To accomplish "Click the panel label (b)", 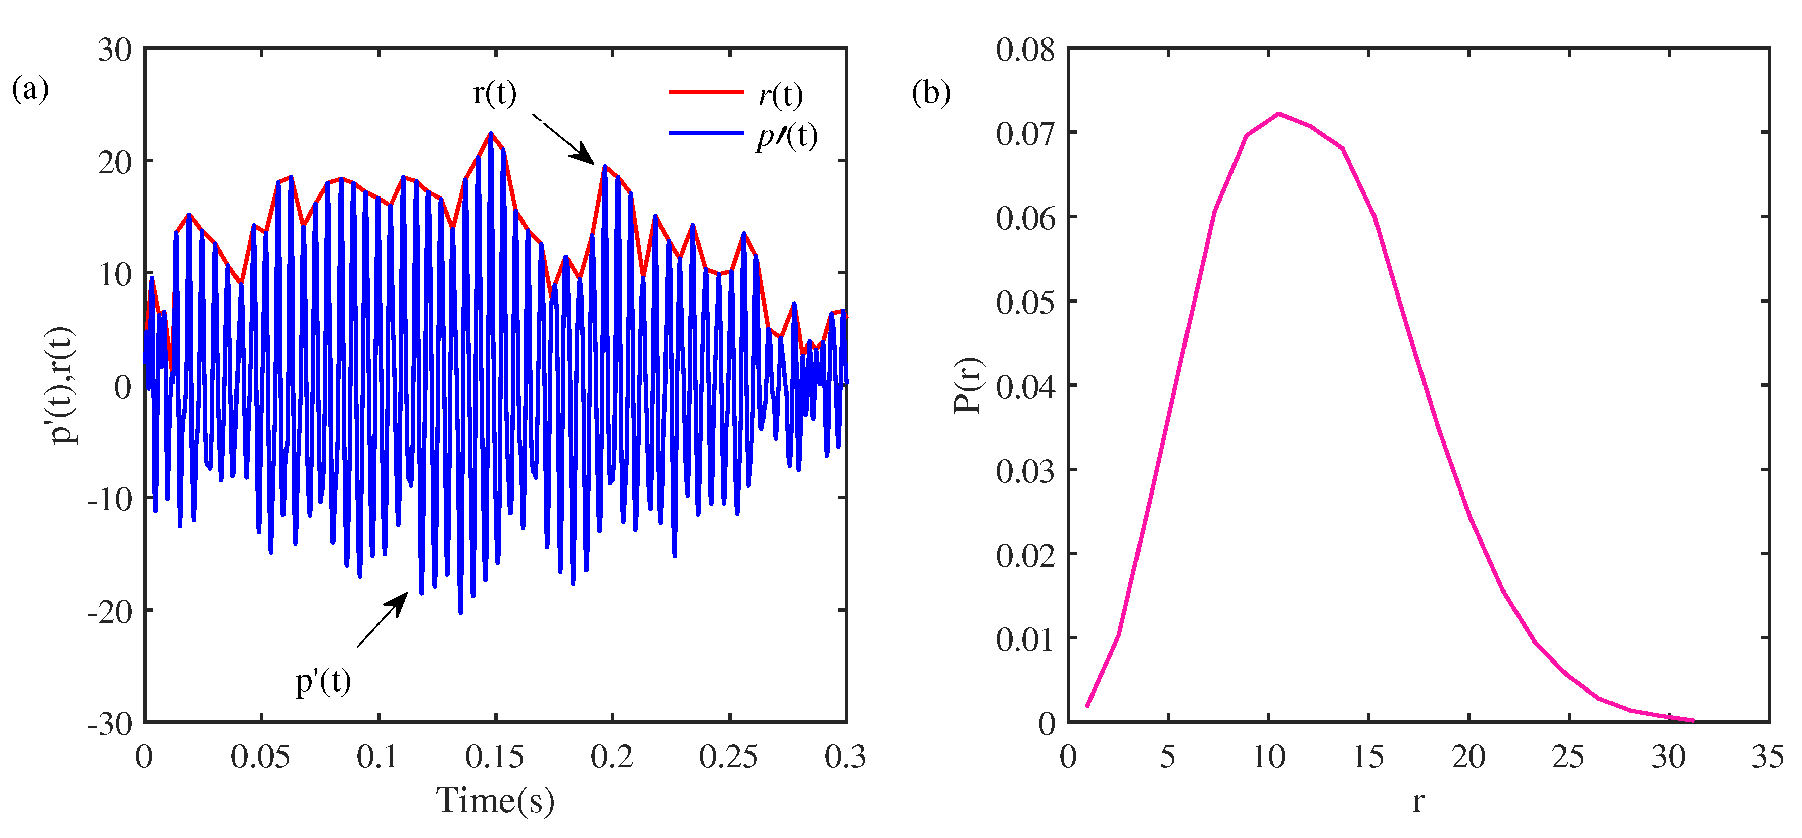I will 930,92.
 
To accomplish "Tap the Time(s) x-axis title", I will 495,800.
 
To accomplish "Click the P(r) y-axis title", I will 969,385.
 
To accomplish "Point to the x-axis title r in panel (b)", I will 1418,802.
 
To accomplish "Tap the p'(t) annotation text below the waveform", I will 323,680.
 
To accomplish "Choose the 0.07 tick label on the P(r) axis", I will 1025,133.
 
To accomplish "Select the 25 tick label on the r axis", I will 1568,757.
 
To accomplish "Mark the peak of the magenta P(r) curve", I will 1279,113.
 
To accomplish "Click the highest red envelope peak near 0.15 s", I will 490,132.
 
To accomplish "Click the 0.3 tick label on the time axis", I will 845,757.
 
